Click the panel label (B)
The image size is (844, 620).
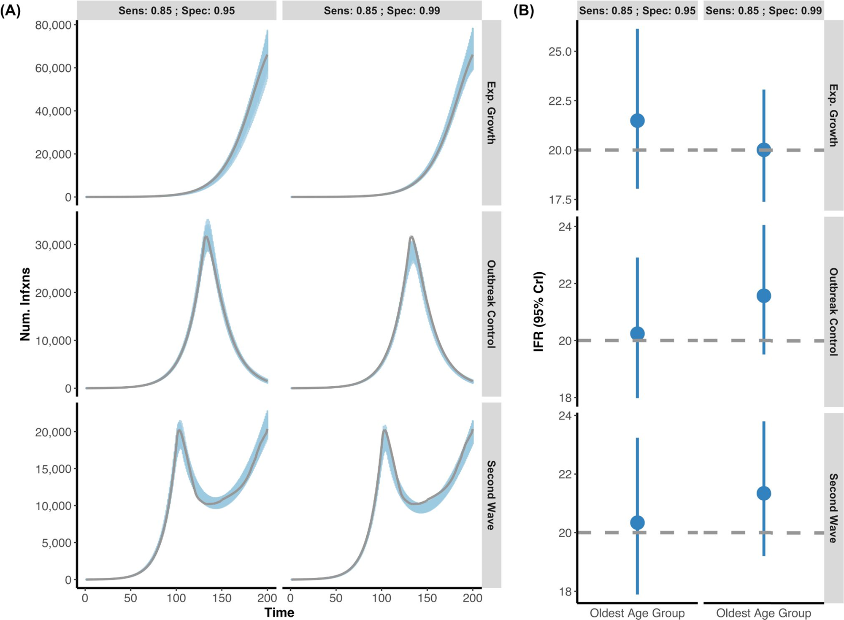pos(523,11)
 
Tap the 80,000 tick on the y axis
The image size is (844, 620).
pos(53,25)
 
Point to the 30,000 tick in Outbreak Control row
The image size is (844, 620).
pos(53,245)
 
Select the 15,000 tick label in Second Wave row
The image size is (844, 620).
pos(53,469)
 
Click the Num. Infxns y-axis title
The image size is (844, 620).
pos(25,303)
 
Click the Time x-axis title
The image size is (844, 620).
pos(279,612)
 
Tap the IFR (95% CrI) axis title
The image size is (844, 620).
pos(539,311)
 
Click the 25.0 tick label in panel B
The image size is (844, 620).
pos(560,52)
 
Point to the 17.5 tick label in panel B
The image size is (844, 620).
pos(560,200)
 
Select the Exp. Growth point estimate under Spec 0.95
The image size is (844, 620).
pos(637,120)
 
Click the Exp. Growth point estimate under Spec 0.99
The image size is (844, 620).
pos(763,150)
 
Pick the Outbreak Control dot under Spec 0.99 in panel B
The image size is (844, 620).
pos(763,295)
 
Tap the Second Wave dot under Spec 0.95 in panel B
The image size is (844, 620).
pos(637,523)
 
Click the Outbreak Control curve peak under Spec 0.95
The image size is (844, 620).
pos(206,237)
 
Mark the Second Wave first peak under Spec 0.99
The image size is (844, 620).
pos(384,430)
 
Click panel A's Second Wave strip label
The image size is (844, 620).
pos(491,495)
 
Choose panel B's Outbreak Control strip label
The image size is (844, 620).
pos(833,311)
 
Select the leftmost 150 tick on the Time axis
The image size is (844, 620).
pos(222,598)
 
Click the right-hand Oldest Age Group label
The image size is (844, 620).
pos(763,613)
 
